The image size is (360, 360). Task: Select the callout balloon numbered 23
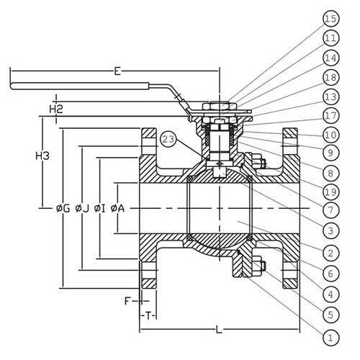168,139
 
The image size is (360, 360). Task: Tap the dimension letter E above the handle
116,72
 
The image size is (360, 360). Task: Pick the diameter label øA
117,209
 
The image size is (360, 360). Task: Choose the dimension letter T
149,315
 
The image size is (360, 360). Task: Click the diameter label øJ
81,209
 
